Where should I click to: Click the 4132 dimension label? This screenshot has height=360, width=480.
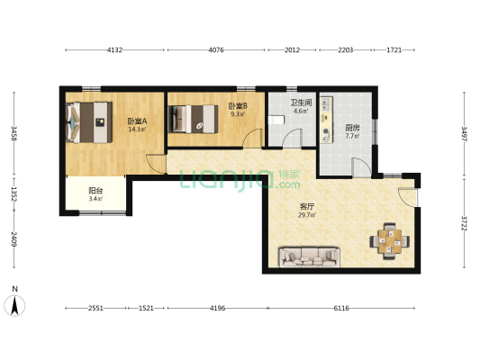114,49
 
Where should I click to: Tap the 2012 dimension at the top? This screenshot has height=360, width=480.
292,49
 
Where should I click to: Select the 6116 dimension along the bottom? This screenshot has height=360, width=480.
341,309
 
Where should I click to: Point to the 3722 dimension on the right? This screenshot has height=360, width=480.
464,223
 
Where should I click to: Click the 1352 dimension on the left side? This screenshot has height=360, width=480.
14,194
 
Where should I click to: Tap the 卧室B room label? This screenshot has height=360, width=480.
238,106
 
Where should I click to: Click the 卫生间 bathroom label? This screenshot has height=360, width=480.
301,103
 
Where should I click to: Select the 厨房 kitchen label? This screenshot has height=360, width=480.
352,128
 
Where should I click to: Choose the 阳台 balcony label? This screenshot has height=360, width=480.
95,191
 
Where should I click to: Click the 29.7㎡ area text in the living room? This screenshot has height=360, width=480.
307,215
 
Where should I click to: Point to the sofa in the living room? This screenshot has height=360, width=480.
309,256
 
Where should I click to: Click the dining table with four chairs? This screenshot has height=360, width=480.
390,241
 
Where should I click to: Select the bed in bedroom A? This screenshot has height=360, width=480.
89,122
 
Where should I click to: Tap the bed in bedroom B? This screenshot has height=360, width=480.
193,119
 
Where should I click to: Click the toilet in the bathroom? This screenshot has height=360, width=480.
276,120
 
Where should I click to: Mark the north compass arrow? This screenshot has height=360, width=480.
14,305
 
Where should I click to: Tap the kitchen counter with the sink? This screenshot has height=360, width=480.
327,120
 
